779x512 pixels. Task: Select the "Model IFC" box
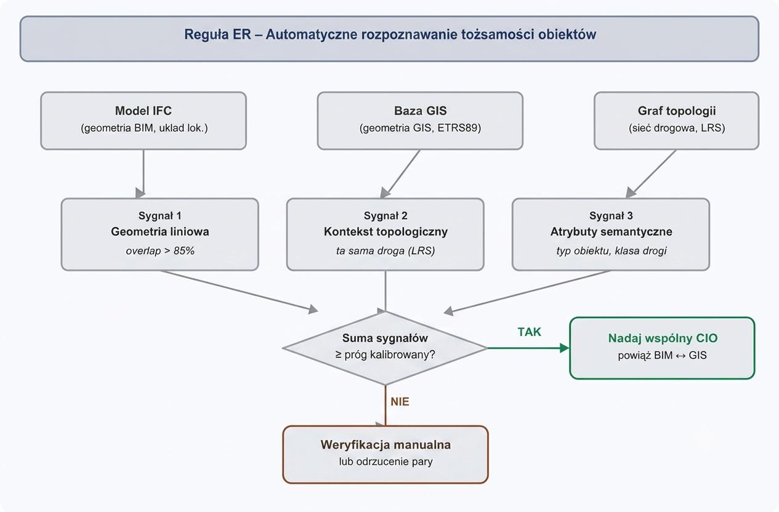click(143, 121)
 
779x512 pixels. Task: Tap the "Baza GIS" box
click(420, 121)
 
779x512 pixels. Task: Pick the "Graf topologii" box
click(676, 121)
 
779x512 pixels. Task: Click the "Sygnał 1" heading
click(160, 215)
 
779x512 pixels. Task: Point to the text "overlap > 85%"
click(160, 250)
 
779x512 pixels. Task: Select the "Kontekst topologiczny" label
click(385, 231)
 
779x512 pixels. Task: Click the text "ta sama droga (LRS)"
click(385, 250)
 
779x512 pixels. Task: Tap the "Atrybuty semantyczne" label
click(611, 231)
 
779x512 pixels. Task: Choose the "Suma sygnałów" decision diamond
click(385, 348)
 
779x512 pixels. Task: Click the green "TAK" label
click(530, 332)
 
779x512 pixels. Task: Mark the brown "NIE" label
click(400, 402)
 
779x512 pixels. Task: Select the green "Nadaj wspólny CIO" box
click(662, 348)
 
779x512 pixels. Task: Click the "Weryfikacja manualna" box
click(385, 454)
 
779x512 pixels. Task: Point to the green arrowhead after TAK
click(565, 348)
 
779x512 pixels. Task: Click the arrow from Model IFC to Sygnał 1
click(143, 174)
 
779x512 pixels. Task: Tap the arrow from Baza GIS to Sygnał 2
click(400, 174)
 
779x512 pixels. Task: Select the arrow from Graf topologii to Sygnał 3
click(651, 174)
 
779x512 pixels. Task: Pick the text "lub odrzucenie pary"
click(385, 462)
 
